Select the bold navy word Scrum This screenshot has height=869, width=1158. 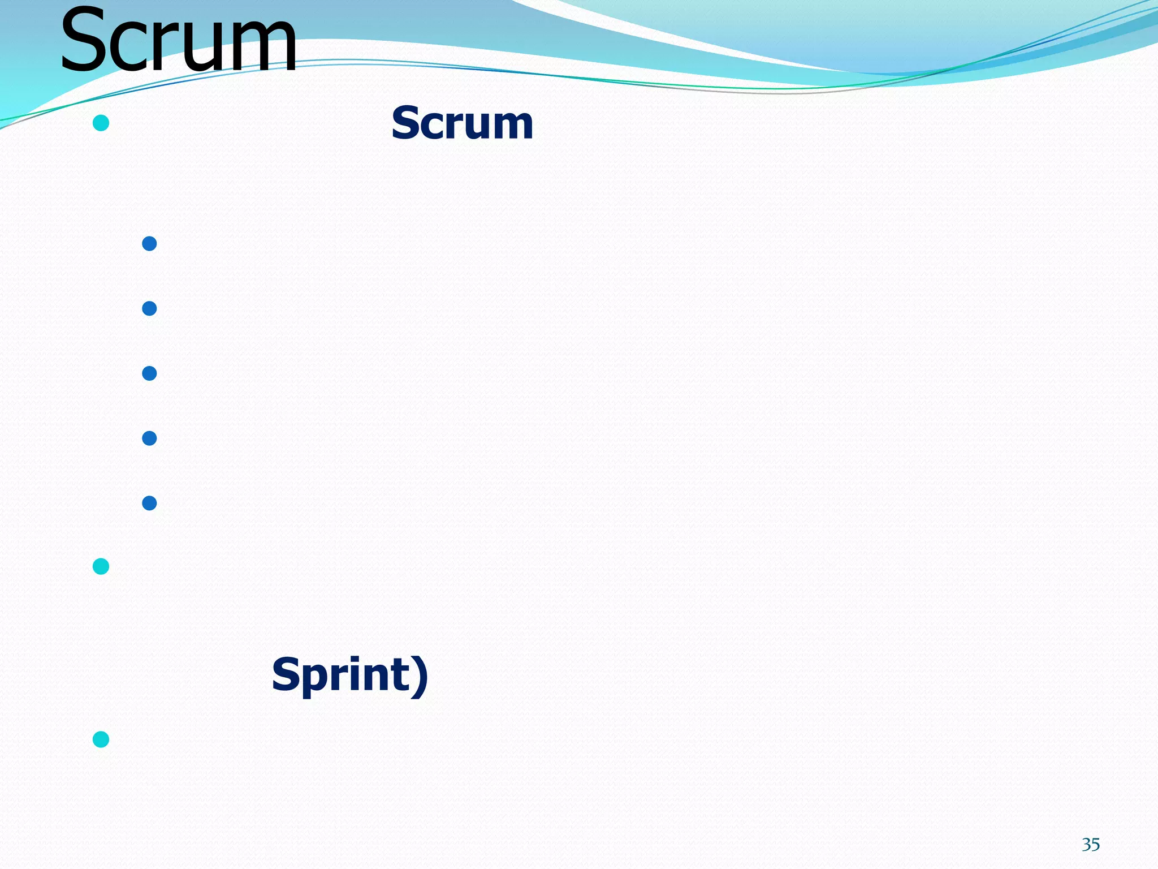[462, 123]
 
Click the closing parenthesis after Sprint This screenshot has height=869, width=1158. [420, 676]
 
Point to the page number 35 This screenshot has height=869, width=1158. [1091, 845]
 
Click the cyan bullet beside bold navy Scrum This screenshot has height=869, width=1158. [101, 123]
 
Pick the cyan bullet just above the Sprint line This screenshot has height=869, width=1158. [101, 566]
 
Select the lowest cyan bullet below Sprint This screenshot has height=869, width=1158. [101, 739]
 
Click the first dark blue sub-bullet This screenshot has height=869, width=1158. [149, 244]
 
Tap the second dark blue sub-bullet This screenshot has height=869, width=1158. [149, 308]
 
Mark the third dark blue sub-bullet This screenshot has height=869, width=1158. [149, 373]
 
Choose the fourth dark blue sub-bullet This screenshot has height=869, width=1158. [149, 438]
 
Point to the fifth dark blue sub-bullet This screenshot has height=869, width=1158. [149, 503]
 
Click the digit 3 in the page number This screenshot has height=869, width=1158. [1086, 845]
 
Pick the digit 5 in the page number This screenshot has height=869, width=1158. [1095, 845]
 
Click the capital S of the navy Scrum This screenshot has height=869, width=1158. [407, 123]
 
